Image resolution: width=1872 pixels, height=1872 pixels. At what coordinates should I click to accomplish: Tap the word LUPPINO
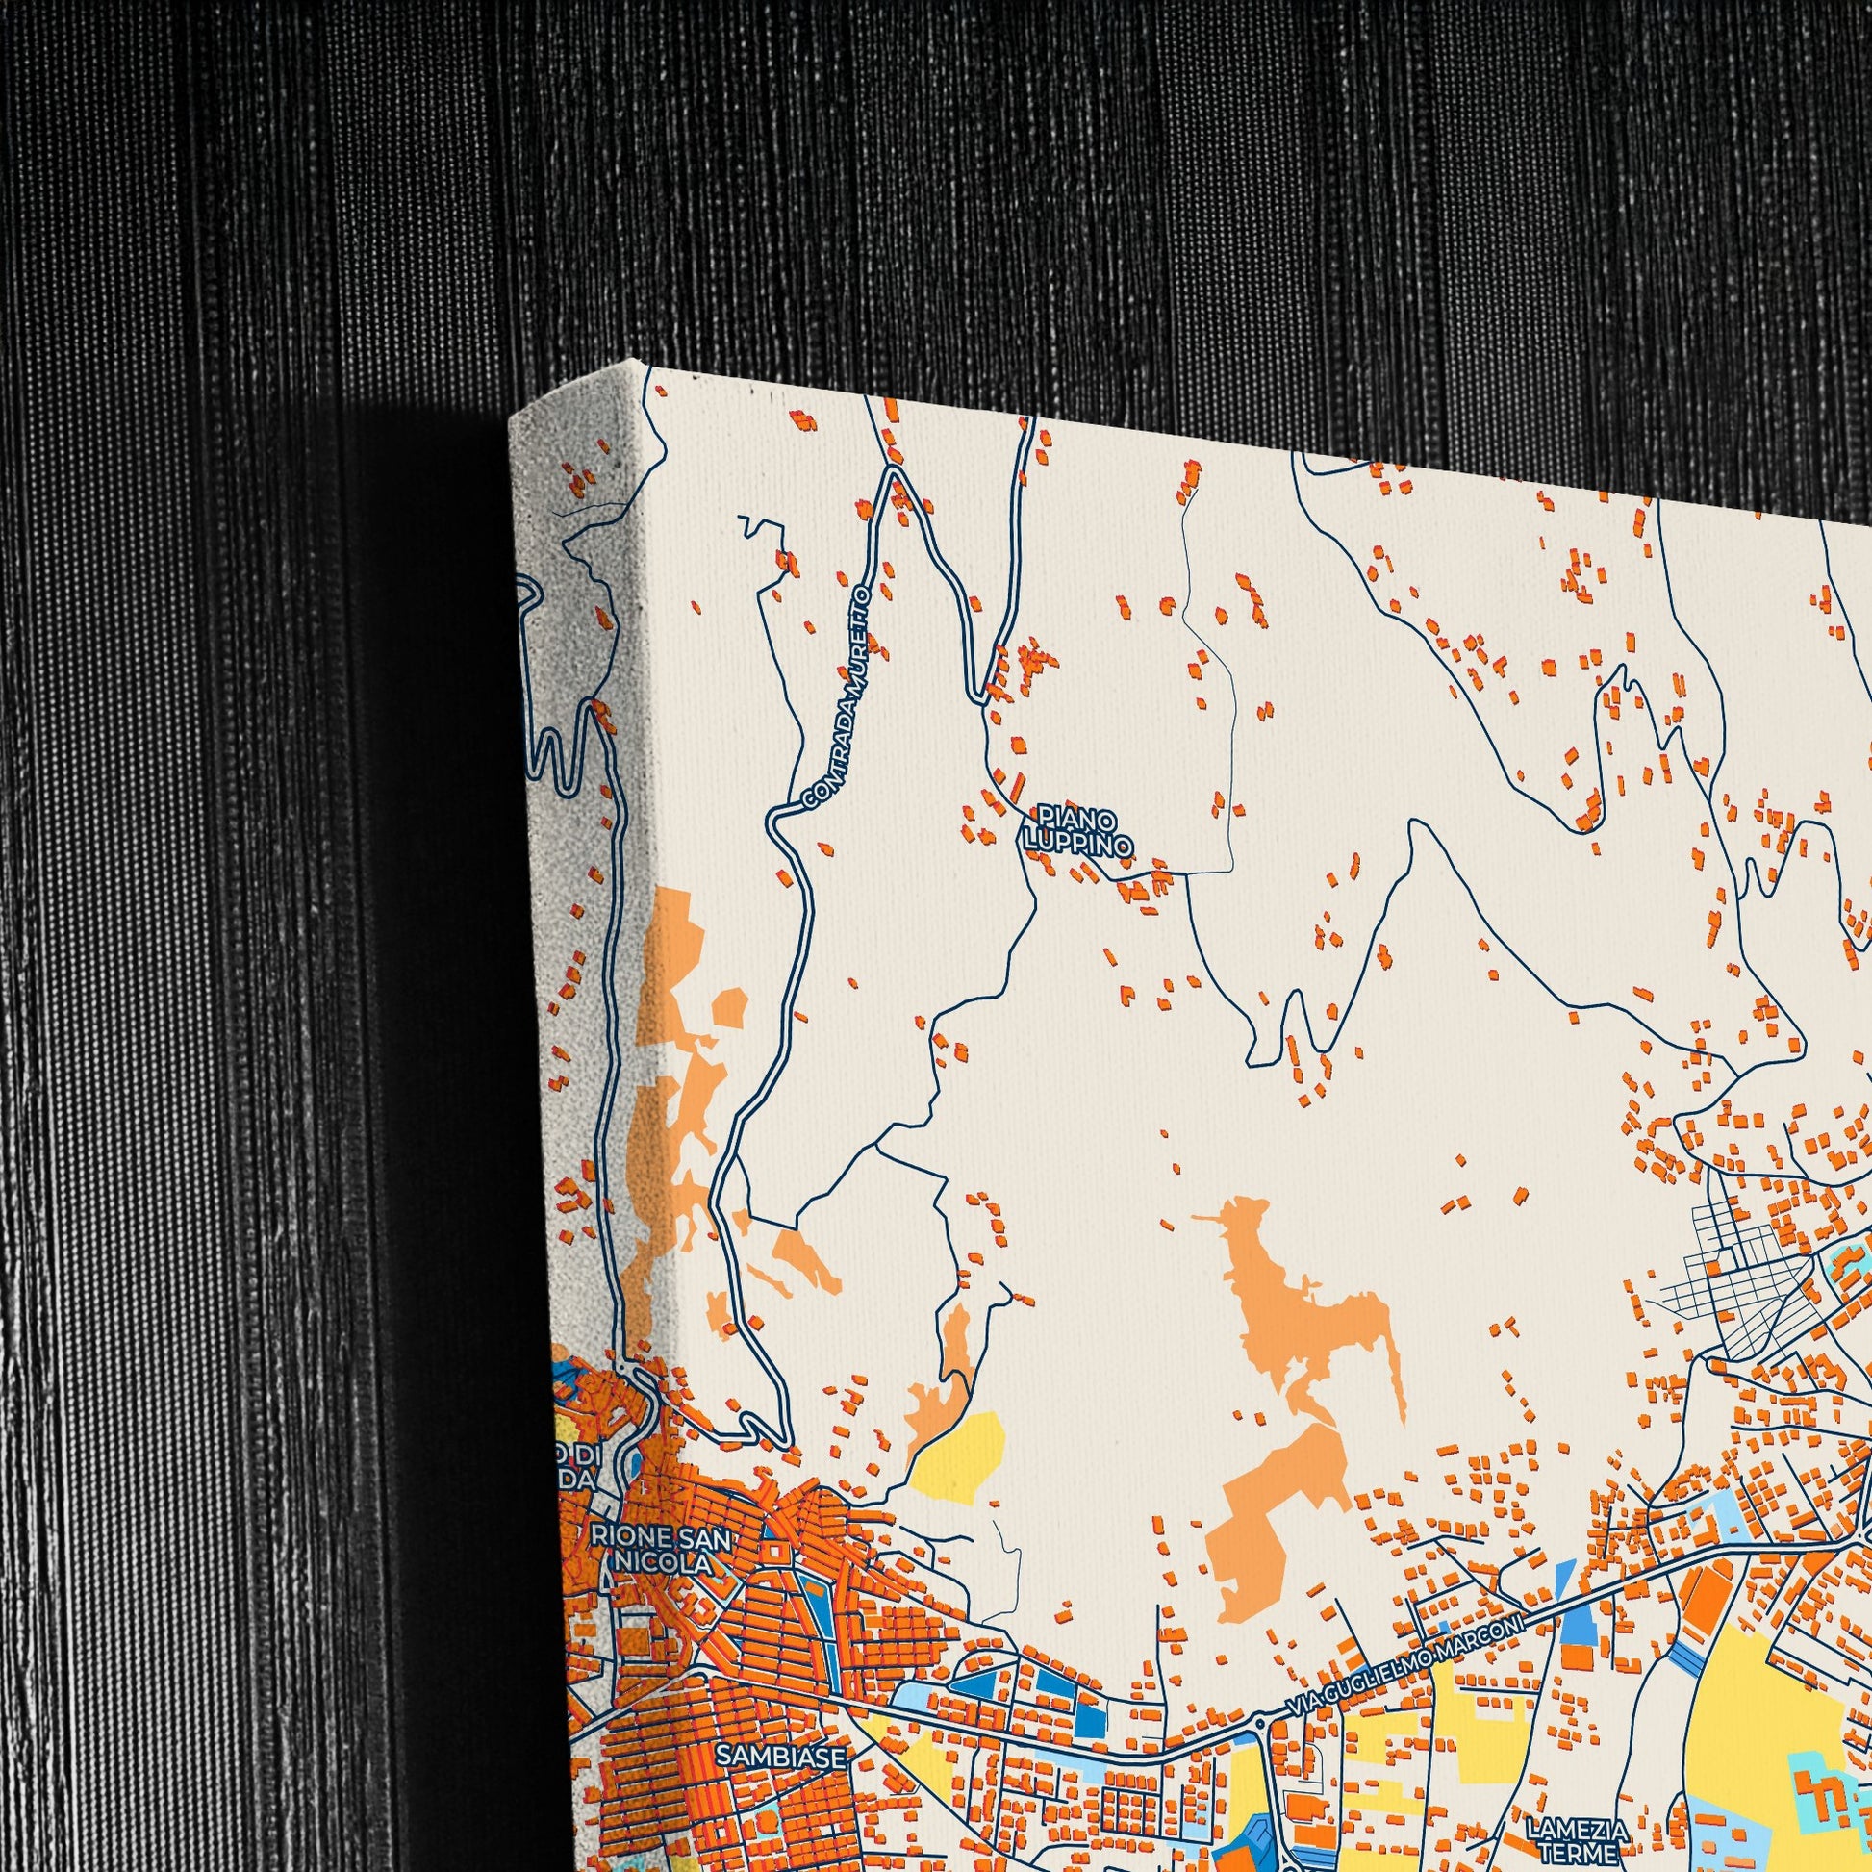tap(1078, 845)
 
